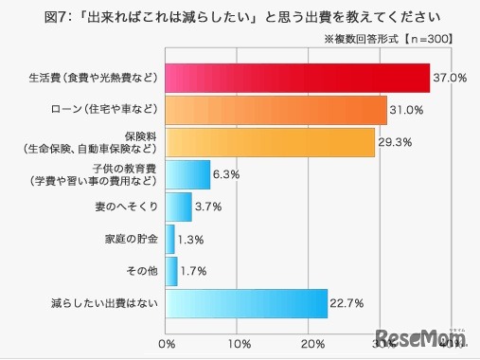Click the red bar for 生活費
tap(297, 77)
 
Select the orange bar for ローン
tap(276, 110)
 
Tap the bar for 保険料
tap(270, 142)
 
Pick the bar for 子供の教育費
tap(187, 174)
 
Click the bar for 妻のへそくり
tap(178, 207)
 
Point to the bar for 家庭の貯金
tap(169, 239)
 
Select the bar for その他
tap(171, 271)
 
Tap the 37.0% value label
tap(451, 78)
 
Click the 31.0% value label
tap(408, 110)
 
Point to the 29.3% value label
tap(396, 142)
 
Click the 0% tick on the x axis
tap(167, 341)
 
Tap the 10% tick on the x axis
tap(240, 341)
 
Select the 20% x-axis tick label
tap(312, 341)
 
